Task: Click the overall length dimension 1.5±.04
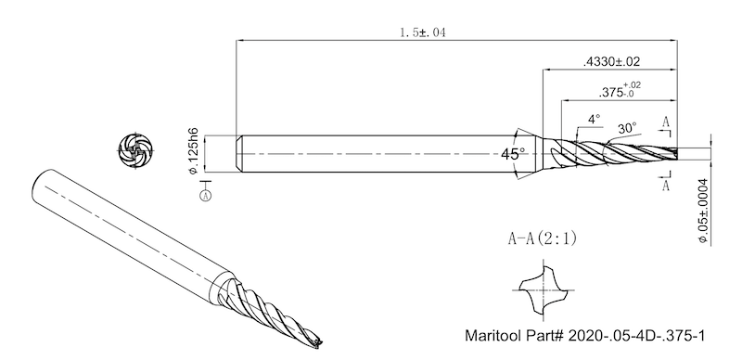click(423, 32)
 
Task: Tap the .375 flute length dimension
click(619, 90)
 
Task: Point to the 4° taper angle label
click(594, 119)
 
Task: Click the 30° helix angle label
click(628, 128)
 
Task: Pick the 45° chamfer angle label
click(513, 153)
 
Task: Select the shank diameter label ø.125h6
click(193, 151)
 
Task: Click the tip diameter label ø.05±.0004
click(703, 212)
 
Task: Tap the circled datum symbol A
click(205, 196)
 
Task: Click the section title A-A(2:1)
click(543, 238)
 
